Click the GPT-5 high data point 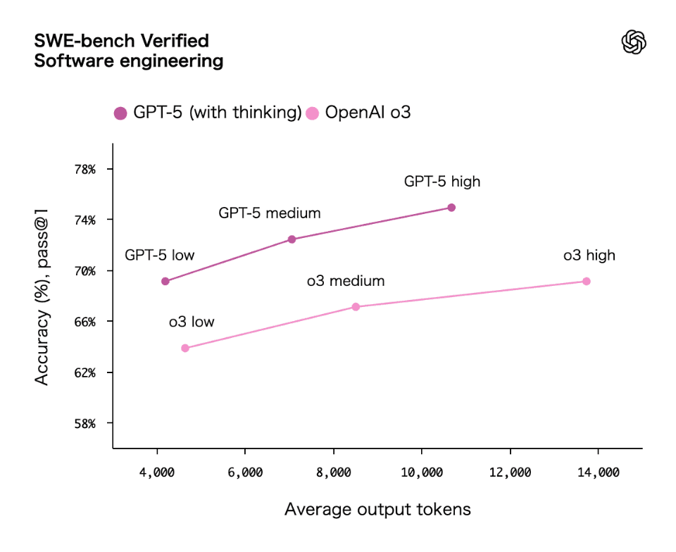click(x=451, y=208)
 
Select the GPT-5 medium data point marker click(x=292, y=239)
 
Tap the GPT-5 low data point click(x=165, y=282)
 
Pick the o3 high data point click(x=587, y=282)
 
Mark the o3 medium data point click(x=356, y=307)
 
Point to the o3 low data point click(x=185, y=348)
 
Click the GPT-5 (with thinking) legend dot click(x=120, y=113)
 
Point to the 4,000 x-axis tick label click(x=156, y=472)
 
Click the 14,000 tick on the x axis click(x=598, y=472)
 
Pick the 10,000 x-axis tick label click(x=421, y=472)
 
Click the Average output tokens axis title click(x=377, y=509)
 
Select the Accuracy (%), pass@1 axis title click(x=42, y=302)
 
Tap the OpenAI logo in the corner click(x=634, y=42)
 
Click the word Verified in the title click(x=178, y=40)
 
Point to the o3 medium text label click(x=345, y=282)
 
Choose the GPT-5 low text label click(x=159, y=255)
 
